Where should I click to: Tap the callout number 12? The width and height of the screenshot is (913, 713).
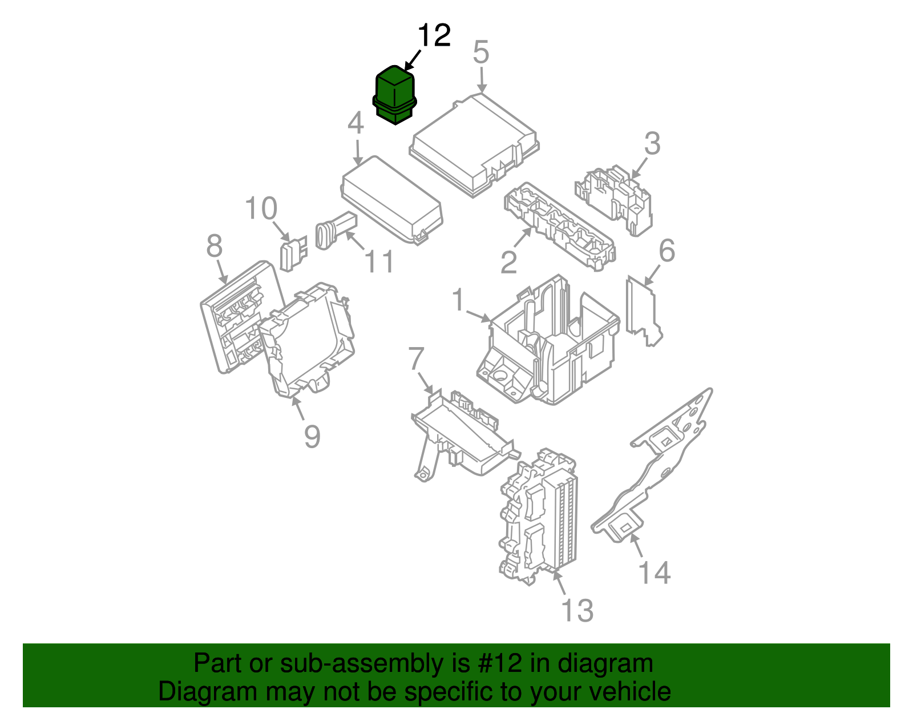(434, 36)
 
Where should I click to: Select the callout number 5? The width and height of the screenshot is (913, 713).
(481, 53)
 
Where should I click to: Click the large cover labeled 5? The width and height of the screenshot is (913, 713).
(474, 145)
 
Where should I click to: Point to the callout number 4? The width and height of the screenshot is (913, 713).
(355, 124)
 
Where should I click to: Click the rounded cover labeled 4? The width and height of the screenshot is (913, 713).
(392, 200)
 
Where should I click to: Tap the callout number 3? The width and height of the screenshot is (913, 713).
(652, 144)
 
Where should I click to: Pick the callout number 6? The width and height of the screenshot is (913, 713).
(666, 251)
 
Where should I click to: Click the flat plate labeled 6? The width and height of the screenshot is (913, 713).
(643, 312)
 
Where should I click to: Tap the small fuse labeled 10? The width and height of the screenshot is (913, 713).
(292, 255)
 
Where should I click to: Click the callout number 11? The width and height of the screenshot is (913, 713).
(379, 263)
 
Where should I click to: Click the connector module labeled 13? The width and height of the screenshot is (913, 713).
(539, 517)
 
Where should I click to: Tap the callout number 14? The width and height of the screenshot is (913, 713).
(654, 573)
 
